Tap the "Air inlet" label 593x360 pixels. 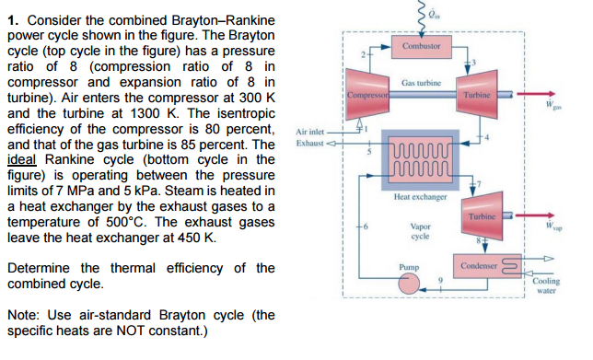(311, 132)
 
